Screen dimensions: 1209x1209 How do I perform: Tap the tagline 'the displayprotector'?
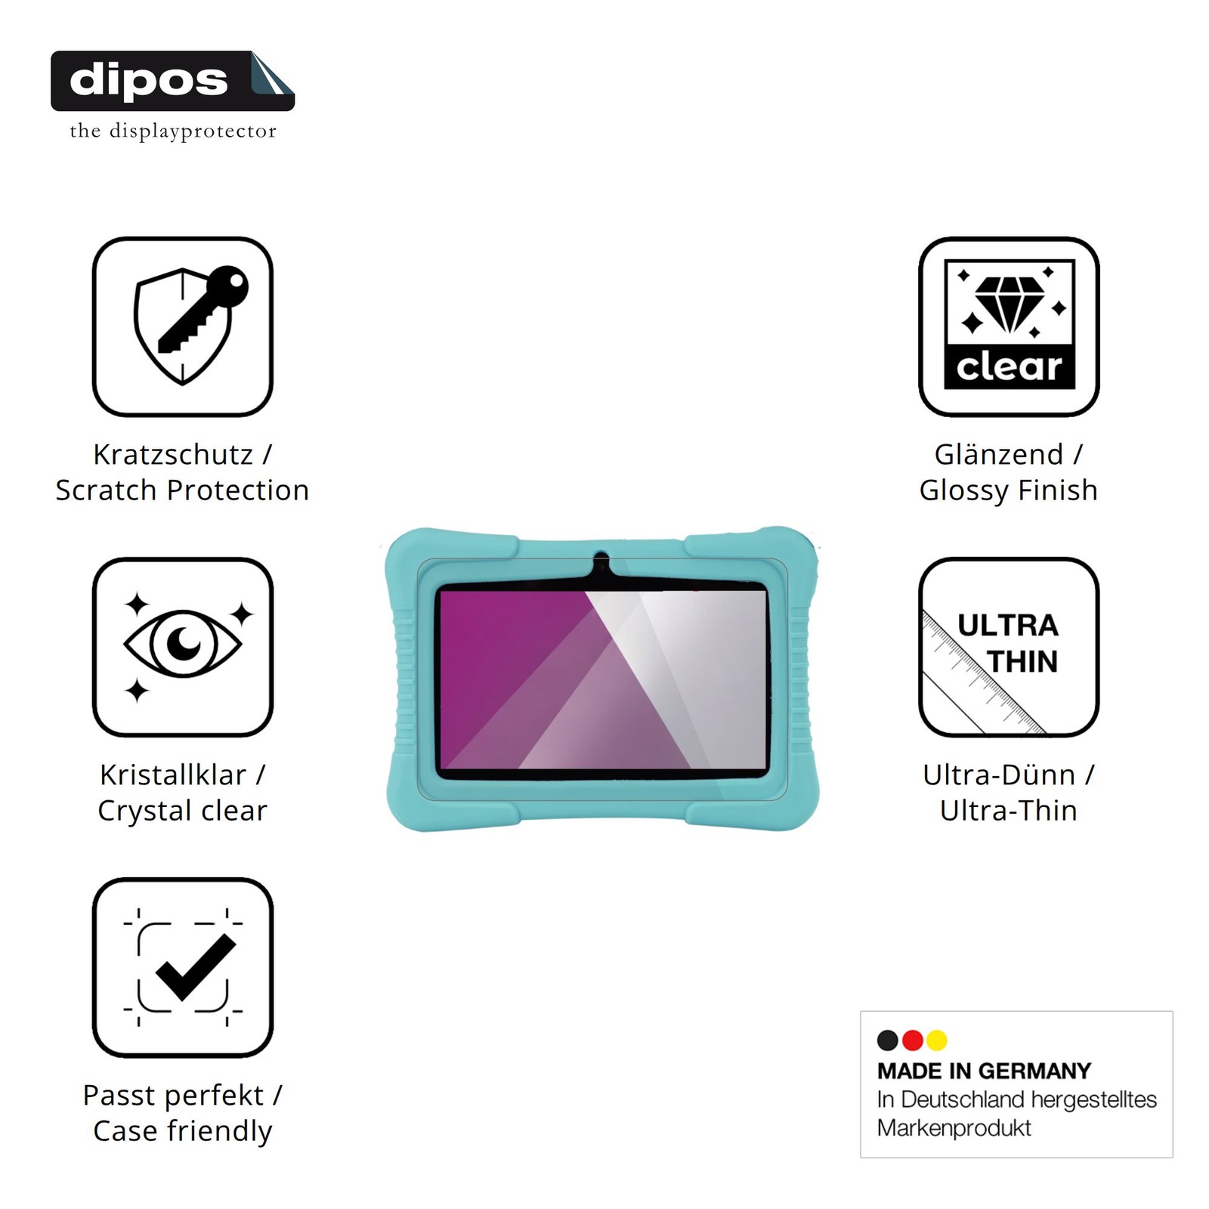coord(173,131)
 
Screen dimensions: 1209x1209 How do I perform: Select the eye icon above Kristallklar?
coord(183,645)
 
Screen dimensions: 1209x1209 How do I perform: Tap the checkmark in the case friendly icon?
coord(196,966)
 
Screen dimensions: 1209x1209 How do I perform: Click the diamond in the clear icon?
coord(1010,303)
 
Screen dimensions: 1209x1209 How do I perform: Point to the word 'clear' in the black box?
coord(1010,368)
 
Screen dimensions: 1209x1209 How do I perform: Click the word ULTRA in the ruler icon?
coord(1008,626)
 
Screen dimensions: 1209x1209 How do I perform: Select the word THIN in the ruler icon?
coord(1022,662)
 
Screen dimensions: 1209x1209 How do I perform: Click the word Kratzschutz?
coord(173,454)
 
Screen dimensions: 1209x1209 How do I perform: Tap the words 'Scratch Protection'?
coord(182,490)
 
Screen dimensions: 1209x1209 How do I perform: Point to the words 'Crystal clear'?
coord(182,811)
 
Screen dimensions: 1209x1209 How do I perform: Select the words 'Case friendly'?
coord(182,1131)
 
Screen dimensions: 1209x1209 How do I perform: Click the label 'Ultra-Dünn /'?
coord(1009,775)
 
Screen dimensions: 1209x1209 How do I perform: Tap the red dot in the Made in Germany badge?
coord(913,1040)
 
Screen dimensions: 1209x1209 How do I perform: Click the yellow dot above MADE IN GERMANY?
coord(937,1040)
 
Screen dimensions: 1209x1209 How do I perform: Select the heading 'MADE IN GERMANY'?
coord(984,1071)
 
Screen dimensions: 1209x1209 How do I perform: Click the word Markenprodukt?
coord(954,1128)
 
